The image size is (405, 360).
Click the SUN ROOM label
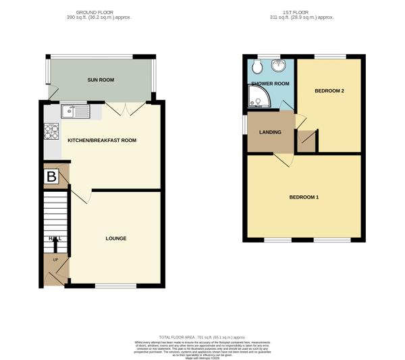pos(101,80)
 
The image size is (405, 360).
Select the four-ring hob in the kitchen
pos(52,131)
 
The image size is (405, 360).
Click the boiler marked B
pos(52,177)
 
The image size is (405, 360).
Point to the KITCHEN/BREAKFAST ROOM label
pos(102,140)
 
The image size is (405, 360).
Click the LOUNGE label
pos(115,238)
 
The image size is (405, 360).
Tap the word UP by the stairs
pos(55,260)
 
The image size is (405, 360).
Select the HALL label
pos(55,238)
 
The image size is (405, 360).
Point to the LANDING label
pos(270,132)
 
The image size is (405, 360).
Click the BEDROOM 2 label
pos(329,90)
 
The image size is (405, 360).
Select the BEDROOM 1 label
pos(304,197)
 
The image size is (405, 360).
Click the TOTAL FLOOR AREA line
pos(202,337)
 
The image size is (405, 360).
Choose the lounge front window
pos(115,286)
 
